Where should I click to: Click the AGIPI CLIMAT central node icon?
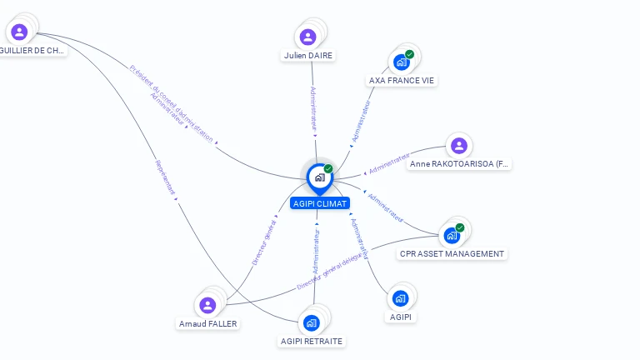point(319,177)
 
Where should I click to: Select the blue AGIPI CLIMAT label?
point(319,203)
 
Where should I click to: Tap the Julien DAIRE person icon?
point(307,37)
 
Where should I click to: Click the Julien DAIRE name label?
point(308,56)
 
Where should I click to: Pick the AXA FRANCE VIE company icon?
point(401,62)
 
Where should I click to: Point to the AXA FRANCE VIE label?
point(402,81)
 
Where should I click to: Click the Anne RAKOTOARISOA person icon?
point(458,146)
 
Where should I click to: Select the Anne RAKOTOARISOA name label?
point(459,164)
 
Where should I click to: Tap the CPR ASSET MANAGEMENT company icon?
point(452,236)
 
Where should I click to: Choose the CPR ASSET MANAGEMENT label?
point(452,254)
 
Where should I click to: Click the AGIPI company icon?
point(400,298)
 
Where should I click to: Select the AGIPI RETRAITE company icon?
point(311,322)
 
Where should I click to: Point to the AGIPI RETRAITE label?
point(312,341)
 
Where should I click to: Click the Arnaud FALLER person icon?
point(207,305)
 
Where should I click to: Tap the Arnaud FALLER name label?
point(208,323)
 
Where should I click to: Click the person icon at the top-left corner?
point(19,32)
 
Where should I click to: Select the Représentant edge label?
point(165,177)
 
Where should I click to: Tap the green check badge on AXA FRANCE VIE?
point(409,55)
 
